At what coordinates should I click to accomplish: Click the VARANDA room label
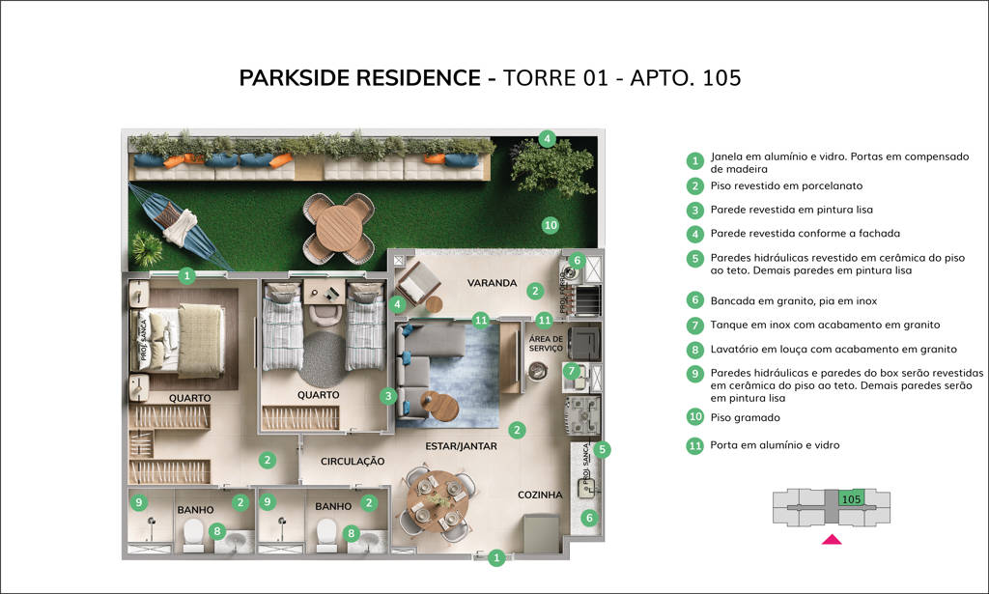point(492,283)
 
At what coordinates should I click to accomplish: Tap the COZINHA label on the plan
point(540,495)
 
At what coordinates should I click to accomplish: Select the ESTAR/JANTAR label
point(461,446)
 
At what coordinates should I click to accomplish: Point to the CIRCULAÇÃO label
point(352,462)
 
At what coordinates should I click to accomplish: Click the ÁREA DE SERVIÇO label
point(546,344)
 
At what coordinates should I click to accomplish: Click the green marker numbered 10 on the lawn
point(551,225)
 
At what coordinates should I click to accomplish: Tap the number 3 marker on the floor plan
point(388,397)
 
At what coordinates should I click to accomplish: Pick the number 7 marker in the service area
point(572,370)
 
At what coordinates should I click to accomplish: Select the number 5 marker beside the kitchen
point(602,449)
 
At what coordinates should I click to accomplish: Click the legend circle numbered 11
point(695,446)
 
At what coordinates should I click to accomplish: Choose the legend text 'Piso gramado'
point(745,417)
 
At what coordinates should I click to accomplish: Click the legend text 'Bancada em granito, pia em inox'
point(794,300)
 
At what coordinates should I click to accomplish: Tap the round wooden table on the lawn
point(339,228)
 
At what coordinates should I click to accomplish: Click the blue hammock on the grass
point(179,225)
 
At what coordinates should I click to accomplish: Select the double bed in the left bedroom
point(179,341)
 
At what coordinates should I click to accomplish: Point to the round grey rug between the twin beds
point(323,359)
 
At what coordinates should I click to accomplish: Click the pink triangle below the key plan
point(832,539)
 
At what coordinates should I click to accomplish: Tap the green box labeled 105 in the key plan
point(851,498)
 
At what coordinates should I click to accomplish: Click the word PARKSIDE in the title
point(296,77)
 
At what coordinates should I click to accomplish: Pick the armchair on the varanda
point(417,282)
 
